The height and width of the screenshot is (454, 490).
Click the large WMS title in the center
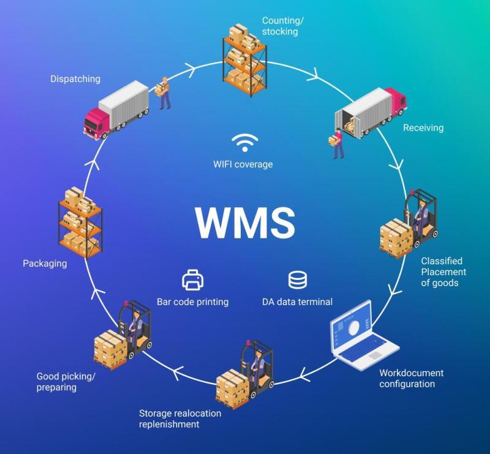(x=246, y=222)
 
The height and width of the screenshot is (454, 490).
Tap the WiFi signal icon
(x=245, y=143)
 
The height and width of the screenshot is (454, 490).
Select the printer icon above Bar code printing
(x=193, y=280)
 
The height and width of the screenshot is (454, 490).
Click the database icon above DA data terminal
(x=298, y=280)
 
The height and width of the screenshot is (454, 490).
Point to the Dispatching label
(x=75, y=79)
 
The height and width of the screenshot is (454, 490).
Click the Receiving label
(x=423, y=127)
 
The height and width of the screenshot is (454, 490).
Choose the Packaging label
(x=45, y=263)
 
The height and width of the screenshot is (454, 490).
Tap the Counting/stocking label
(x=282, y=26)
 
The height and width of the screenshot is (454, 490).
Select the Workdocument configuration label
(x=411, y=379)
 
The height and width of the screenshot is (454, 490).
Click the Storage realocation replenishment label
(x=180, y=418)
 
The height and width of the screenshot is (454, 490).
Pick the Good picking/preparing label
(x=66, y=382)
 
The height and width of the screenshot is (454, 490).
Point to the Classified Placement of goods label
(x=443, y=271)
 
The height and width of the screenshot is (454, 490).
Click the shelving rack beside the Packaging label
(x=81, y=222)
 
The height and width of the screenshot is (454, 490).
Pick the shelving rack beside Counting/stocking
(x=244, y=59)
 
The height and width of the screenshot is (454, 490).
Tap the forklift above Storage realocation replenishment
(x=244, y=374)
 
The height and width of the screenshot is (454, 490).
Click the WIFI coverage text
(x=243, y=164)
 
